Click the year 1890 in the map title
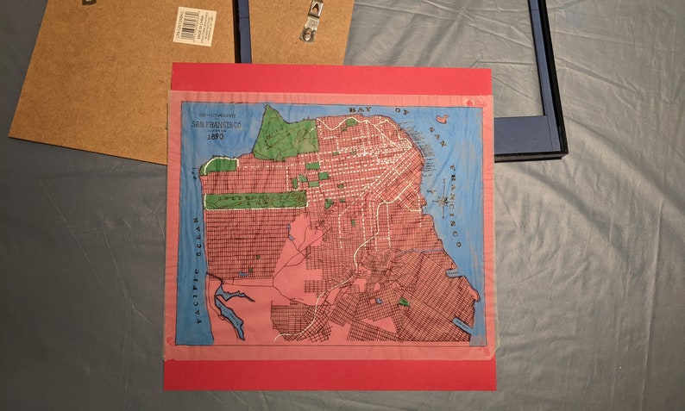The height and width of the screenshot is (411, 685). pyautogui.click(x=216, y=136)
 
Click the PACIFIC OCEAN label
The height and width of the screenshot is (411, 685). pyautogui.click(x=195, y=293)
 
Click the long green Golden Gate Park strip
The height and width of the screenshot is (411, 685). pyautogui.click(x=255, y=200)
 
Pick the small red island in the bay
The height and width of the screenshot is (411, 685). pyautogui.click(x=442, y=119)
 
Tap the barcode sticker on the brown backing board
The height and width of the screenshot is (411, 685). pyautogui.click(x=195, y=25)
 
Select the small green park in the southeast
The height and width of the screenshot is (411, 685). pyautogui.click(x=404, y=302)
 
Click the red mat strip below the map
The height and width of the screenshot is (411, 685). pyautogui.click(x=328, y=374)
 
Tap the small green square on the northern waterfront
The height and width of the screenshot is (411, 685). pyautogui.click(x=349, y=122)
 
